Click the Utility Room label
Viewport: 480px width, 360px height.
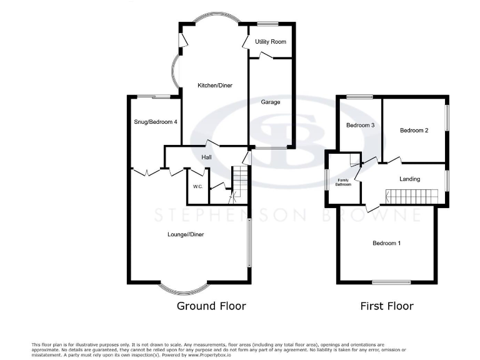(271, 42)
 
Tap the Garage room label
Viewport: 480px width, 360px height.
(271, 102)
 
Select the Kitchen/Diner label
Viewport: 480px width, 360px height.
(215, 86)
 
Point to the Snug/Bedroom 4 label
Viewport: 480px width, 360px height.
(155, 122)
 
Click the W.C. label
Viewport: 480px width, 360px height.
(197, 187)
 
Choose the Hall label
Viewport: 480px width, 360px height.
(207, 157)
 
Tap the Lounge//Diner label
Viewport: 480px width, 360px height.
(186, 234)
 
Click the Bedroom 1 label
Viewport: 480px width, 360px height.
(386, 243)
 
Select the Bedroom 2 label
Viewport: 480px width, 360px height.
(414, 131)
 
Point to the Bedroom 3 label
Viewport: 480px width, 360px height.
(361, 125)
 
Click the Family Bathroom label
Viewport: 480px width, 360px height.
(344, 182)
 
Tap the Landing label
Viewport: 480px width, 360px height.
(410, 179)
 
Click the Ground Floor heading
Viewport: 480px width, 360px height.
(211, 306)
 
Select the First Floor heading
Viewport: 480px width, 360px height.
(387, 306)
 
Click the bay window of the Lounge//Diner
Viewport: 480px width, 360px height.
(182, 288)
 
